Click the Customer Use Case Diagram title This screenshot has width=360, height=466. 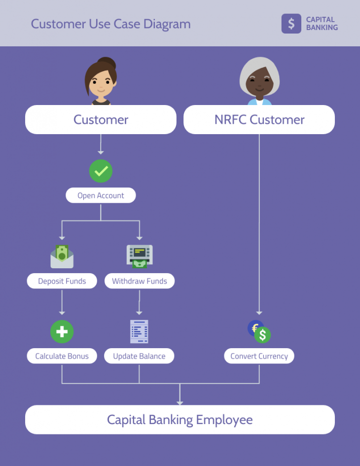110,24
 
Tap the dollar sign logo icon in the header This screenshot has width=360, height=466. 291,23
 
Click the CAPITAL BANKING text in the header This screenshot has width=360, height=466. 322,24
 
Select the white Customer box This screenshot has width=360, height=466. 101,119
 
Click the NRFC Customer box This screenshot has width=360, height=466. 259,119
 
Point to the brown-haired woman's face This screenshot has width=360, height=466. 101,84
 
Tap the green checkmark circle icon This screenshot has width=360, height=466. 101,171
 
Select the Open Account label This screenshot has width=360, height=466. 101,195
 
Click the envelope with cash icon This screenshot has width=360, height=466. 62,256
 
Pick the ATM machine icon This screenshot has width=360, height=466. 139,256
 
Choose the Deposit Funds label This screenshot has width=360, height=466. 62,281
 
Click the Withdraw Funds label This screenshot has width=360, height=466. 139,281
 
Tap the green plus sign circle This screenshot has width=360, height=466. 62,332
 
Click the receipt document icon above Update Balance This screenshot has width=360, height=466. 139,331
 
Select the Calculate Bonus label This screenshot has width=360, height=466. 62,356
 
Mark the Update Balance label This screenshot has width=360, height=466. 139,356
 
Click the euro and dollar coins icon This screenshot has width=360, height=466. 259,332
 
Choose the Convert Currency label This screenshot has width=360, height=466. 259,356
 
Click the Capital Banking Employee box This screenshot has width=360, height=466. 180,420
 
